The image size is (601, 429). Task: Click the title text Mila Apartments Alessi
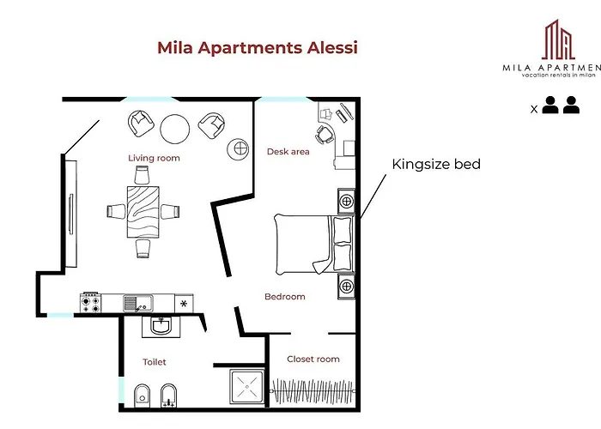[x=257, y=47]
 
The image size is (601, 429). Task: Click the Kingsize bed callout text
[x=435, y=164]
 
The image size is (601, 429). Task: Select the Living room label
[x=154, y=158]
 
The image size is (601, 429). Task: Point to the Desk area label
[x=288, y=152]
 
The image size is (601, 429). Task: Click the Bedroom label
[x=284, y=297]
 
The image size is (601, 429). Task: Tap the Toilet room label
[x=155, y=362]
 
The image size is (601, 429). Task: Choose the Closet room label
[x=313, y=360]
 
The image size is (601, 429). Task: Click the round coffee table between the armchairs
[x=176, y=128]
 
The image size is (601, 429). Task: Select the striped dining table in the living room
[x=143, y=211]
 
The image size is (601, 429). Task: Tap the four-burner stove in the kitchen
[x=90, y=303]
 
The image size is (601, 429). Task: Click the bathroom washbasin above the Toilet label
[x=161, y=326]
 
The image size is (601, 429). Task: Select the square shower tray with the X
[x=247, y=387]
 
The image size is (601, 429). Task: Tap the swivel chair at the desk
[x=325, y=134]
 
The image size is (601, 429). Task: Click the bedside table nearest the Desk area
[x=346, y=201]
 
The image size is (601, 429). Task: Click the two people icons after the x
[x=561, y=106]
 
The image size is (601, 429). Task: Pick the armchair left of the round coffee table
[x=139, y=124]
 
